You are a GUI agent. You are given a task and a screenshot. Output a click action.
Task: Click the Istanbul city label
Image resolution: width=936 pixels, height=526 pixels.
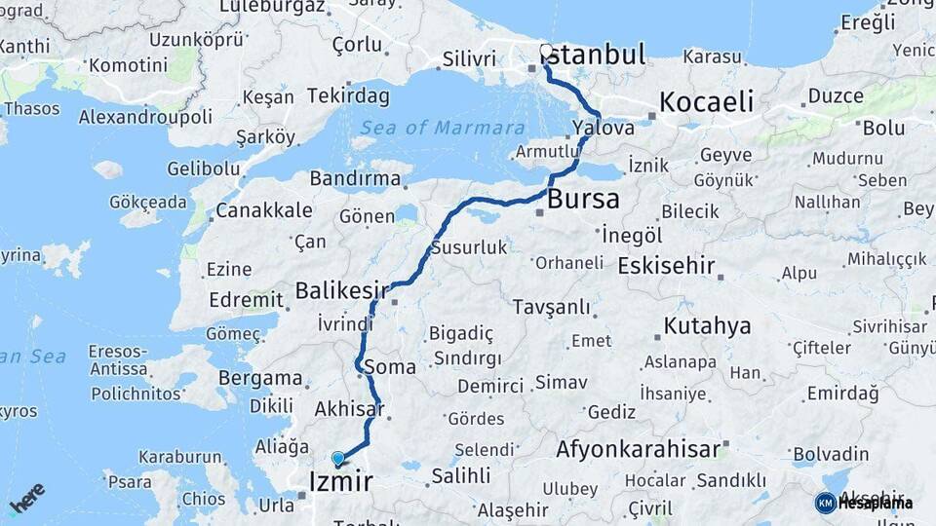point(596,55)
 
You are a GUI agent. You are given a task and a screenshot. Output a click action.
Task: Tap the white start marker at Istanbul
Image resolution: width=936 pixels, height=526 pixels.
point(546,52)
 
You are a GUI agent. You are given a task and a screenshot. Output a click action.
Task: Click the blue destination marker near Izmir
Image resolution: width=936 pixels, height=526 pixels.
point(338,458)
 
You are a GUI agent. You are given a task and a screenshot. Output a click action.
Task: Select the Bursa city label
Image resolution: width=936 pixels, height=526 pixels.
point(583,200)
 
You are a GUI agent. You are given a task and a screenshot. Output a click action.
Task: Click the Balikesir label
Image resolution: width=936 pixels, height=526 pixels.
point(342,290)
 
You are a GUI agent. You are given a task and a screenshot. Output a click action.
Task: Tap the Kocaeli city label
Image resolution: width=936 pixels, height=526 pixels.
point(707,102)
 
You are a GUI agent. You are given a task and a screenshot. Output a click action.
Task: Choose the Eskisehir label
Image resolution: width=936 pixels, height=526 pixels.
point(666,266)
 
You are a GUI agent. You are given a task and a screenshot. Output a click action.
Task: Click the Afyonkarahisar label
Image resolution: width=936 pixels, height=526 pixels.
point(637,449)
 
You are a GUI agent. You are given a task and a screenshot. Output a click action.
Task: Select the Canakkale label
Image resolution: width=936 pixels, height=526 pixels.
point(264,210)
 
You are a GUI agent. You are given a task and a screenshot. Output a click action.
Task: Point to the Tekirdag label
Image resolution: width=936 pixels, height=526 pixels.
point(348,95)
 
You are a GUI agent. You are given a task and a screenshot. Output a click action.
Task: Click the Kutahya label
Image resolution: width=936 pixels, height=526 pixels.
point(707,325)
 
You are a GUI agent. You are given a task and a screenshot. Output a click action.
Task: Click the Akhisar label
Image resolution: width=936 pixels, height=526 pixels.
point(349,410)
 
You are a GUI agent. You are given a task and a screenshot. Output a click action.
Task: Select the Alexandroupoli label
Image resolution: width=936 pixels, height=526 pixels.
point(145,117)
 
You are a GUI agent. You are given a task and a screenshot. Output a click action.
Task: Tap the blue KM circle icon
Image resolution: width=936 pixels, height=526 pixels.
point(825,503)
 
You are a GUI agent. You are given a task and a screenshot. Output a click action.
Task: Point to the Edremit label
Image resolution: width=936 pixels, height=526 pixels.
point(246,300)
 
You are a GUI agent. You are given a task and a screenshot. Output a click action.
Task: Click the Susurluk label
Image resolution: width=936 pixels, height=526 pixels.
point(469,247)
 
